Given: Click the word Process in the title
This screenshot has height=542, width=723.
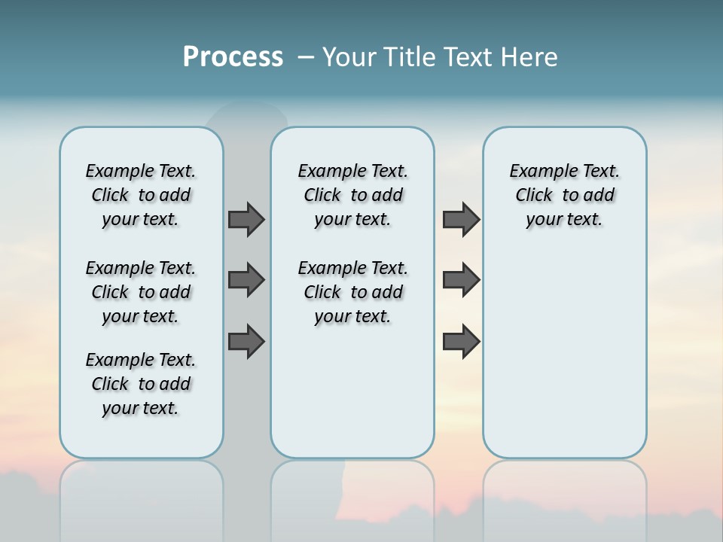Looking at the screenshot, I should pos(233,57).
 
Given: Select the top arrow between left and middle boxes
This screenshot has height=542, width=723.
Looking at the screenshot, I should pos(246,219).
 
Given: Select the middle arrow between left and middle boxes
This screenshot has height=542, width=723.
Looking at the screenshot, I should pos(246,280).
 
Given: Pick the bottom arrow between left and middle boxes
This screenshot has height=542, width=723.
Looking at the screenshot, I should pos(246,341).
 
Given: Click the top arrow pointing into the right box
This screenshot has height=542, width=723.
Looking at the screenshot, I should pos(461,219).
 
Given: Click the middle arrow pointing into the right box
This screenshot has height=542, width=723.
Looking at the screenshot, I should pos(461,280).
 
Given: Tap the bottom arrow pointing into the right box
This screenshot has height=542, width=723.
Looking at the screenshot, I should pos(461,341).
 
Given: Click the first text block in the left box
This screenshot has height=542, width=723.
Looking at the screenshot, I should pos(141,195).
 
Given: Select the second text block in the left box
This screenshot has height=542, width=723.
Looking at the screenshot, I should pos(141,292).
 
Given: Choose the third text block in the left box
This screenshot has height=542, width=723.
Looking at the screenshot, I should pos(141,384).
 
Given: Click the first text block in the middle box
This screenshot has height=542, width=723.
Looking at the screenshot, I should pos(352,195).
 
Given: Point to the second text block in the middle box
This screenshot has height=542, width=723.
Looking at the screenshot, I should pos(352,292).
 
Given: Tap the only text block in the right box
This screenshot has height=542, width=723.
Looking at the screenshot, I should pos(564,195).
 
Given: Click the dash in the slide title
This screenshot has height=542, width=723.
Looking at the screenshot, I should pos(306,57).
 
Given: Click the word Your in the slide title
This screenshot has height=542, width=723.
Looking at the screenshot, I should pos(350,57).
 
